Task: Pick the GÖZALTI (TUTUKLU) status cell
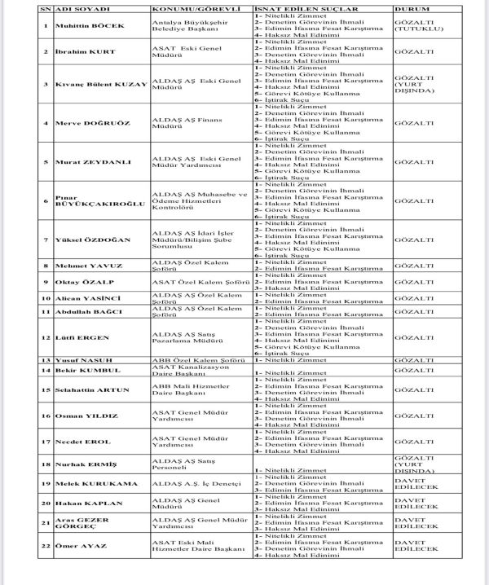[416, 25]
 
